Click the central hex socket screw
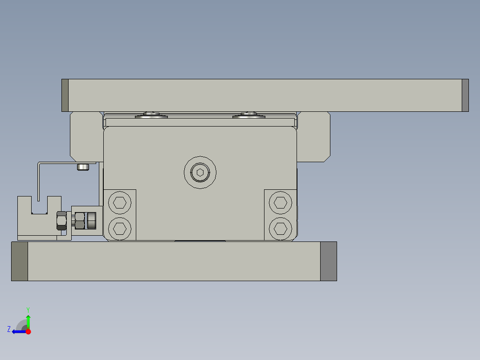point(200,172)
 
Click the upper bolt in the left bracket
point(119,203)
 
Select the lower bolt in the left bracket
point(119,228)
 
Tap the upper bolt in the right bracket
point(280,203)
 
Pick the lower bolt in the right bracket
point(280,228)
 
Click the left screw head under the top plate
point(152,116)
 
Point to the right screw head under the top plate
point(249,116)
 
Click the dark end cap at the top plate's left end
point(65,95)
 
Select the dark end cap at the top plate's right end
point(465,95)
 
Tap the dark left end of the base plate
point(20,261)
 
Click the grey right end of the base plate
point(328,261)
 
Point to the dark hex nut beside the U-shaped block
point(61,221)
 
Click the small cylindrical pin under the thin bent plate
point(83,167)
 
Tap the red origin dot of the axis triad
point(28,331)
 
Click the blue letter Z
point(9,329)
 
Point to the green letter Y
point(28,309)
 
